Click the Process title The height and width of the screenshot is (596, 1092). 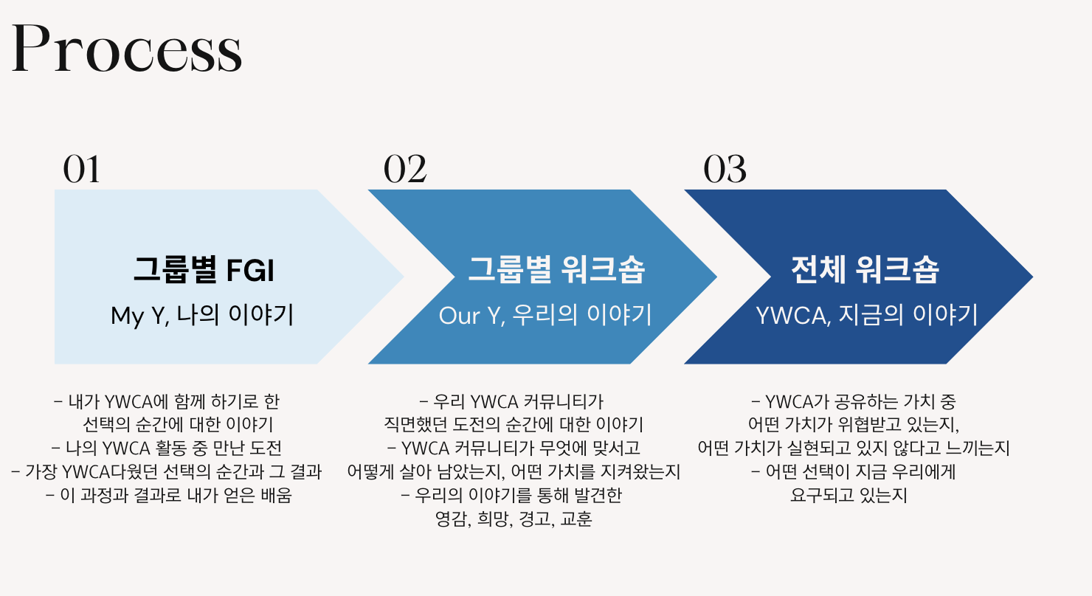(127, 49)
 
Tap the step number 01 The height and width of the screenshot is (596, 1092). (81, 169)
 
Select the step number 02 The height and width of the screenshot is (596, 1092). (405, 169)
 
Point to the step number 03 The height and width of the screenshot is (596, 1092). (725, 169)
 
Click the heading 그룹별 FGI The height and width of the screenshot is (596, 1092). (204, 269)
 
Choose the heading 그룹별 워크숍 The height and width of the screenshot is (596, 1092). (556, 269)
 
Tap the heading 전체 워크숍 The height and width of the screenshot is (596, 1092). (865, 269)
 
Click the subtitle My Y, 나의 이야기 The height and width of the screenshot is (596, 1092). (202, 315)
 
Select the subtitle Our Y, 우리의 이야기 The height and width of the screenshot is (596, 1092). (545, 315)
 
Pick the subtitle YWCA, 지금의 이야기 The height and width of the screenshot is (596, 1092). (867, 315)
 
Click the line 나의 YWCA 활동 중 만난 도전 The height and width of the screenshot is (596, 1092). (167, 448)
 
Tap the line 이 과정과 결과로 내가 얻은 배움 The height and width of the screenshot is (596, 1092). (169, 495)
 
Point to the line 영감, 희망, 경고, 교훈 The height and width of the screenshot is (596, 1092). (514, 519)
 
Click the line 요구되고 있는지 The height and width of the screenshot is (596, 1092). (849, 495)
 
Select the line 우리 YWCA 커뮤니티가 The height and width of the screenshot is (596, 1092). (511, 401)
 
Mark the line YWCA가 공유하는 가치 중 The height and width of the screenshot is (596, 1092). (854, 401)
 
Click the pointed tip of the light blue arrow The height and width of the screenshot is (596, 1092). (404, 277)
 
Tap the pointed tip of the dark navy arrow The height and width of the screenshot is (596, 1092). (1032, 277)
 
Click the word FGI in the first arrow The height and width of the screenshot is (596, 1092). (250, 271)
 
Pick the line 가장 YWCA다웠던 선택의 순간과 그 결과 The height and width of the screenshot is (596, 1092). (166, 472)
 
